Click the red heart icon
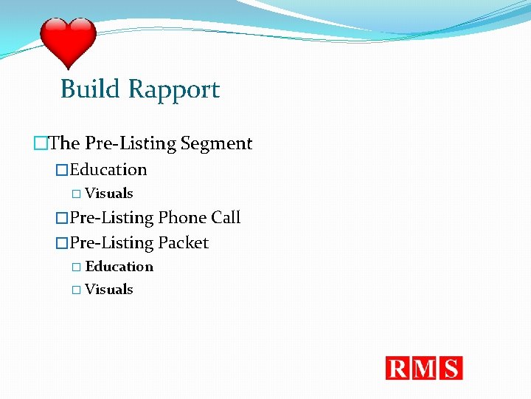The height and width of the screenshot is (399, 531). pyautogui.click(x=68, y=42)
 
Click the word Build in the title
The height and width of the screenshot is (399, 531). pyautogui.click(x=90, y=89)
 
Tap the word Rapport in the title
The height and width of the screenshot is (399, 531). pyautogui.click(x=173, y=89)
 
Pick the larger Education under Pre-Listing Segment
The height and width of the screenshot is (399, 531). pyautogui.click(x=108, y=170)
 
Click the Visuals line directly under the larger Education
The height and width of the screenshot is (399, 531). pyautogui.click(x=108, y=194)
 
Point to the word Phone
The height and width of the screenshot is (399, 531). pyautogui.click(x=182, y=218)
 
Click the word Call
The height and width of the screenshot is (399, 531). pyautogui.click(x=226, y=218)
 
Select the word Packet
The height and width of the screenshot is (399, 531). pyautogui.click(x=184, y=243)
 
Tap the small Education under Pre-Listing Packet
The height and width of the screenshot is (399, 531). pyautogui.click(x=119, y=267)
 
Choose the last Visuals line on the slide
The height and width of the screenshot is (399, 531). pyautogui.click(x=108, y=290)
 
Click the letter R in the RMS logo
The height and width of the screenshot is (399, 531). pyautogui.click(x=399, y=368)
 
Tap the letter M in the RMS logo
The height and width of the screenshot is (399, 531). pyautogui.click(x=426, y=368)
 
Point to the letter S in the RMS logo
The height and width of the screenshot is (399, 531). pyautogui.click(x=451, y=368)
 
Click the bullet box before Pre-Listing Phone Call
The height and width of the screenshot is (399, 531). pyautogui.click(x=62, y=218)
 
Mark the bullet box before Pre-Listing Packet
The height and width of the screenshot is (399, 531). pyautogui.click(x=62, y=243)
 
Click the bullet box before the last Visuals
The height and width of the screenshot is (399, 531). pyautogui.click(x=76, y=290)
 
